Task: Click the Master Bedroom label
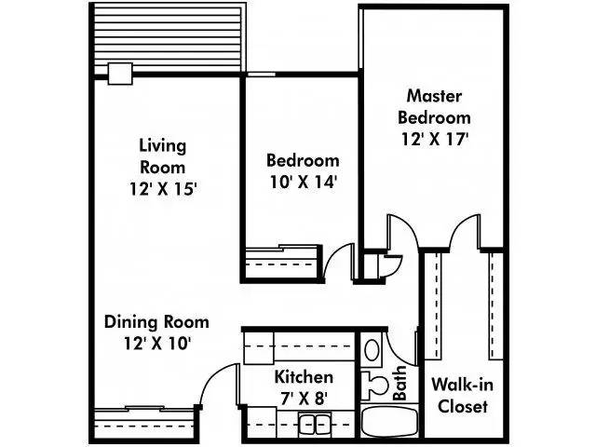[434, 106]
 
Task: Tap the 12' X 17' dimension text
[434, 140]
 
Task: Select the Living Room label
[162, 156]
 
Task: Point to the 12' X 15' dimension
[162, 187]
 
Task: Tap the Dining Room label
[156, 321]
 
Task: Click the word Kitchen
[304, 377]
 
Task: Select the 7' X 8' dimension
[304, 398]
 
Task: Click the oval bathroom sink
[372, 351]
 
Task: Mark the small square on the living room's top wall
[120, 74]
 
